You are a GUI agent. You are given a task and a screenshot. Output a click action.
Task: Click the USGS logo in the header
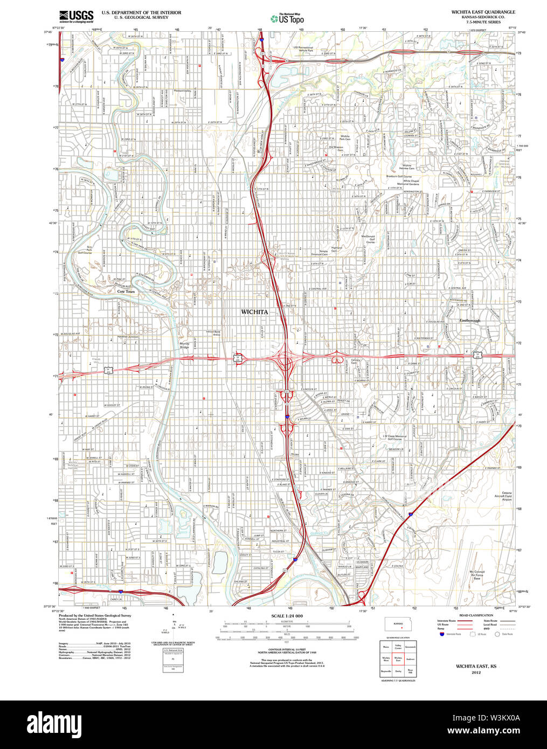[76, 16]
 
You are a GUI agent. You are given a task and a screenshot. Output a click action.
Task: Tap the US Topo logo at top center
[287, 18]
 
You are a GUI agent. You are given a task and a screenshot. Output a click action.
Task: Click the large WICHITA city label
[254, 312]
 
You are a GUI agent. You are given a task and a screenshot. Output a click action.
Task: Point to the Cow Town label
[126, 292]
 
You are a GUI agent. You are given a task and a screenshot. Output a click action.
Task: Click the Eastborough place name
[469, 321]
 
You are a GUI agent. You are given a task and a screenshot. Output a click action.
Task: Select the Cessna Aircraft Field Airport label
[507, 496]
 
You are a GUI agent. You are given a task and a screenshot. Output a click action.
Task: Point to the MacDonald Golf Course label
[368, 239]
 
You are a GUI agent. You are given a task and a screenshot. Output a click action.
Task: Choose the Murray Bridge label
[184, 345]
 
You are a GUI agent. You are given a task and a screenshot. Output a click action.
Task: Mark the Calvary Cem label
[356, 362]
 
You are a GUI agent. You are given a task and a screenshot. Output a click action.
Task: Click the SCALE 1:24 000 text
[287, 616]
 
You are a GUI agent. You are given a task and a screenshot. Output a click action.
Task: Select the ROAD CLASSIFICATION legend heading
[476, 615]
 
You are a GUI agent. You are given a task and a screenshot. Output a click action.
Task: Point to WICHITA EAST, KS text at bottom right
[476, 667]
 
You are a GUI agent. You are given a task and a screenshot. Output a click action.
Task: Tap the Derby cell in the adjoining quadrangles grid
[398, 671]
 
